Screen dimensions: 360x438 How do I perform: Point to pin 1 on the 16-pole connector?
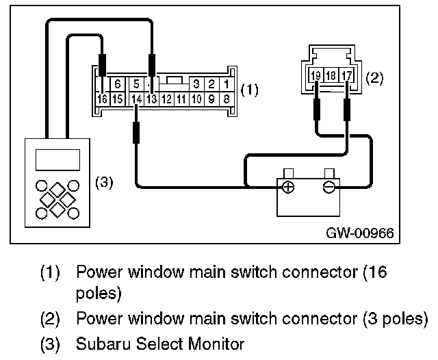[227, 84]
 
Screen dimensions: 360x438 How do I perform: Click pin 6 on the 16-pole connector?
[118, 84]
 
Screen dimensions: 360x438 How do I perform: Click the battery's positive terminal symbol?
[288, 187]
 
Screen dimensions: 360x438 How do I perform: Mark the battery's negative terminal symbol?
[329, 187]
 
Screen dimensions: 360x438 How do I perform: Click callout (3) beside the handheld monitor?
[103, 183]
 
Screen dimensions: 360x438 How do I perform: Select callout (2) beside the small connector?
[376, 77]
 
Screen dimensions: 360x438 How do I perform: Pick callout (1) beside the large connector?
[250, 90]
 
